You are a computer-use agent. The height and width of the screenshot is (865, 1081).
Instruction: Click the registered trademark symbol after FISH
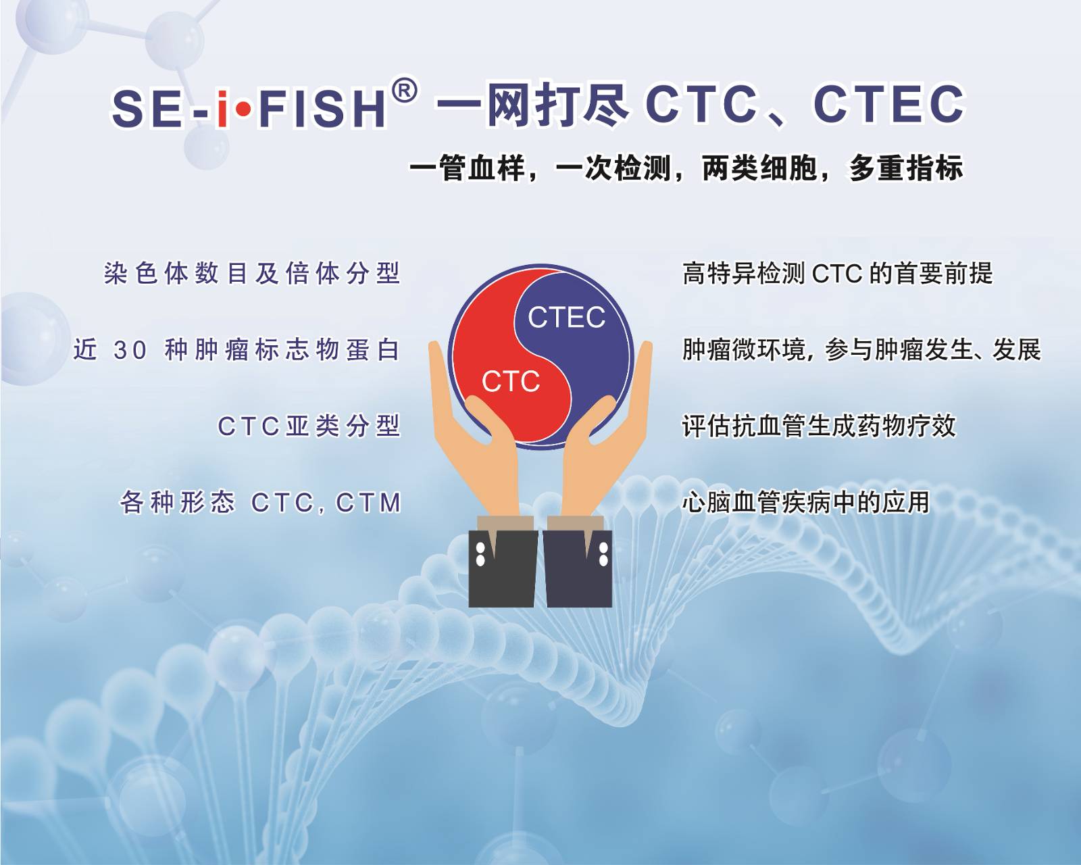pyautogui.click(x=405, y=91)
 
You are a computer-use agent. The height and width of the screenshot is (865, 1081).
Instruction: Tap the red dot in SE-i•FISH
pyautogui.click(x=243, y=109)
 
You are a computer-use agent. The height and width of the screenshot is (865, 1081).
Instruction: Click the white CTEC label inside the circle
pyautogui.click(x=566, y=317)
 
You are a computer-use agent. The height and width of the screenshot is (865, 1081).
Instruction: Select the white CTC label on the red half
pyautogui.click(x=510, y=381)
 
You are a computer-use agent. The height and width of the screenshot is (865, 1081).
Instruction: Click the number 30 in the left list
pyautogui.click(x=130, y=350)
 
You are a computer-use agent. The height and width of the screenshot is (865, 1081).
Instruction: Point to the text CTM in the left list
pyautogui.click(x=368, y=503)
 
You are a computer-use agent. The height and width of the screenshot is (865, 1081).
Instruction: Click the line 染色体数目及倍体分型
pyautogui.click(x=252, y=274)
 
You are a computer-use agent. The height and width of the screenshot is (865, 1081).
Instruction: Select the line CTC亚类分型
pyautogui.click(x=309, y=426)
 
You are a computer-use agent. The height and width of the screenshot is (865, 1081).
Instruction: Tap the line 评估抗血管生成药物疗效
pyautogui.click(x=818, y=426)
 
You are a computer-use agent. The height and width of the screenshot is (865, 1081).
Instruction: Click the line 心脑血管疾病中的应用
pyautogui.click(x=806, y=503)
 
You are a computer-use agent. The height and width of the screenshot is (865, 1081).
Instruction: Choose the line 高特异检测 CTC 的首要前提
pyautogui.click(x=837, y=274)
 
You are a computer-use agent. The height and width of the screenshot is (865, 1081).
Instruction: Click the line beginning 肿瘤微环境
pyautogui.click(x=861, y=350)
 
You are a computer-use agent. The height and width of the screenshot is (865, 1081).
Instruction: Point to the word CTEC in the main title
pyautogui.click(x=888, y=104)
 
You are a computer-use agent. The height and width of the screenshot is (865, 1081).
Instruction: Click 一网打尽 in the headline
pyautogui.click(x=532, y=104)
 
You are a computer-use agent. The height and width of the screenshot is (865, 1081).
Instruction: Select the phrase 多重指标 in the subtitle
pyautogui.click(x=906, y=168)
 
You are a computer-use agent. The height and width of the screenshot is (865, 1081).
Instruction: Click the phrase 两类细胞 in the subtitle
pyautogui.click(x=759, y=168)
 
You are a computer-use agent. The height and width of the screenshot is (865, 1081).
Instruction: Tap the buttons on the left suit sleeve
pyautogui.click(x=480, y=554)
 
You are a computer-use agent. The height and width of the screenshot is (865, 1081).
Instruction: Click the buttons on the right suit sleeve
pyautogui.click(x=603, y=554)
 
